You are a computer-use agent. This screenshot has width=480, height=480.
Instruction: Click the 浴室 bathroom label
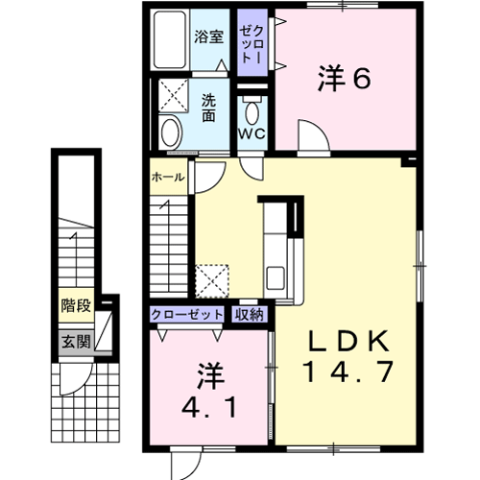[x=208, y=36]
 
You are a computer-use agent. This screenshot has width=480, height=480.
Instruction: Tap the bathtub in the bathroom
[x=170, y=39]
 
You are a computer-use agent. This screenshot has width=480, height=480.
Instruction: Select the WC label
[x=252, y=133]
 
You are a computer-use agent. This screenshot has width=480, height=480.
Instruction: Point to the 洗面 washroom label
[x=208, y=108]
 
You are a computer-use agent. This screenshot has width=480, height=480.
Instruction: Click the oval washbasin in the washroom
[x=171, y=132]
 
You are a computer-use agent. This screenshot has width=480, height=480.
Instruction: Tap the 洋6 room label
[x=345, y=78]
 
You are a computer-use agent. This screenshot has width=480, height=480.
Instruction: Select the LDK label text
[x=348, y=341]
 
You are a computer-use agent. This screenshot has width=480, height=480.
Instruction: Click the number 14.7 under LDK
[x=348, y=372]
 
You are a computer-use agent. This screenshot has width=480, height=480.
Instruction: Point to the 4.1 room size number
[x=209, y=407]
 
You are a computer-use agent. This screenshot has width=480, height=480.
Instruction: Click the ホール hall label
[x=168, y=177]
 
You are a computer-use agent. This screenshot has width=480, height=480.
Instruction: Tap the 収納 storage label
[x=250, y=315]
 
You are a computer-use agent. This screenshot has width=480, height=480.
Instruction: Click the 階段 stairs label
[x=76, y=305]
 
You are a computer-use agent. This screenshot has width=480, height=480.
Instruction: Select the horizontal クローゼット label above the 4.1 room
[x=186, y=315]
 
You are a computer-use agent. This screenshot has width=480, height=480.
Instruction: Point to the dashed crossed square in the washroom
[x=174, y=95]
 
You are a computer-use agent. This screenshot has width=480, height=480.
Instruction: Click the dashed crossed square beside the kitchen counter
[x=212, y=281]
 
